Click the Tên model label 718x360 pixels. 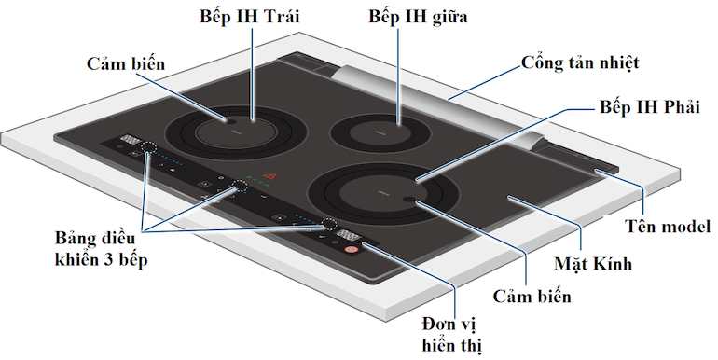[x=668, y=227]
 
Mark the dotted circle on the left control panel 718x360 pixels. [x=147, y=148]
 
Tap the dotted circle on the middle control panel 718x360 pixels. [x=241, y=186]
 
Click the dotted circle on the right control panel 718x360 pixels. [x=329, y=224]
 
